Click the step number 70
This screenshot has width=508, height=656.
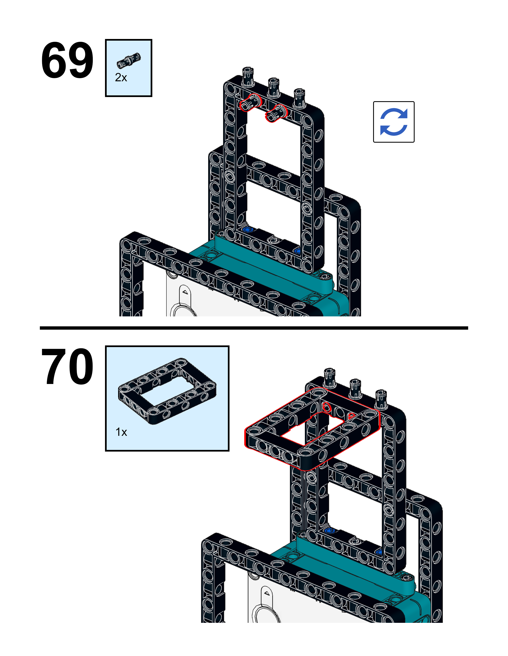[x=67, y=366]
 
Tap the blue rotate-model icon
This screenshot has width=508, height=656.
[x=393, y=122]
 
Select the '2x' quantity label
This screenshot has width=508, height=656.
[x=121, y=78]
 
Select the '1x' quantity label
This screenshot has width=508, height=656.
[x=121, y=432]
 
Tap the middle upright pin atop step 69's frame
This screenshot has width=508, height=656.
[x=274, y=86]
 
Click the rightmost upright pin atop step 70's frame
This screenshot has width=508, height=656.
[x=381, y=398]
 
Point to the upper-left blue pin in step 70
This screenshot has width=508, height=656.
[x=329, y=531]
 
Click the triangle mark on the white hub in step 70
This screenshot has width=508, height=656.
[x=267, y=593]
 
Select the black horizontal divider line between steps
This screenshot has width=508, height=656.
[x=254, y=328]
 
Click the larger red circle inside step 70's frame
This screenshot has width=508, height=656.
[x=326, y=407]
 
